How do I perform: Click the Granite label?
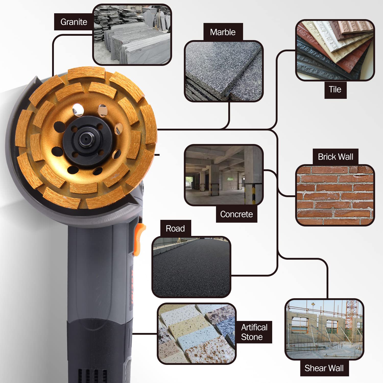point(74,22)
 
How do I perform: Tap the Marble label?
point(223,32)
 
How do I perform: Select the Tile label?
point(335,90)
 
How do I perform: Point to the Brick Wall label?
point(336,157)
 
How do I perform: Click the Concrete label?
point(236,214)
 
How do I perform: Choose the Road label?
point(175,229)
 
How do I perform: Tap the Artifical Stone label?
point(254,332)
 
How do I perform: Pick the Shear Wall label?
point(324,368)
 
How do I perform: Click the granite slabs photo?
point(132,35)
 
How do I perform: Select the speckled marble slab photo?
point(224,71)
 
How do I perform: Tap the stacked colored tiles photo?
point(335,50)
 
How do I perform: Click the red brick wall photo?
point(335,195)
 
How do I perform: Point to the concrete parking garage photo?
point(224,175)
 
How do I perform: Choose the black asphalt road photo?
point(191,267)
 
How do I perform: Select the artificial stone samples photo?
point(197,334)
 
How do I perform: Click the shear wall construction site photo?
point(324,329)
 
